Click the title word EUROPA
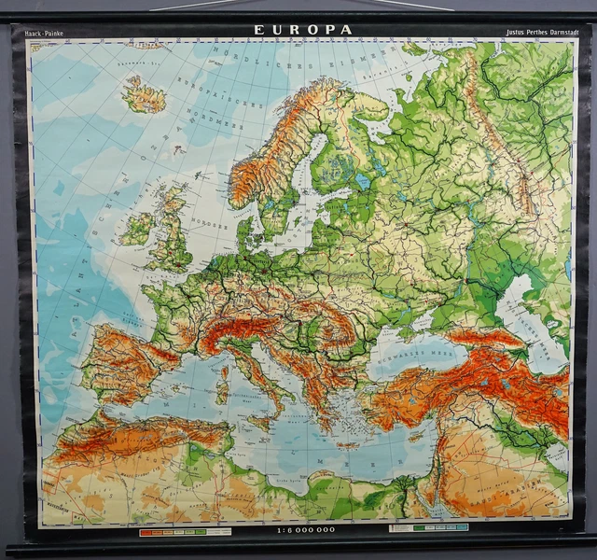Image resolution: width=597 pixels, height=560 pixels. coord(303,30)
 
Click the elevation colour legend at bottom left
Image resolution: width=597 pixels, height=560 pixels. coord(185,531)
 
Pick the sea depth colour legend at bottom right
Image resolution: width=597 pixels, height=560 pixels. coord(428,527)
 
